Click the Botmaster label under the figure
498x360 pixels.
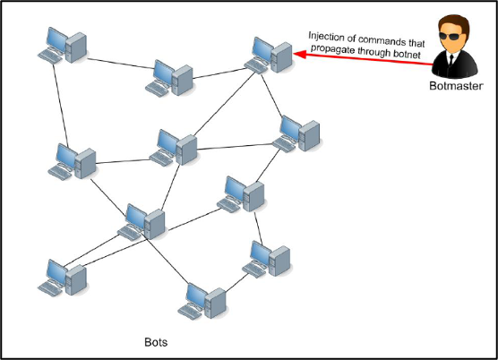456,86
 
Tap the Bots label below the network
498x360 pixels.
156,342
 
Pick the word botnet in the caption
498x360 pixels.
407,54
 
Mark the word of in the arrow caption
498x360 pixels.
351,39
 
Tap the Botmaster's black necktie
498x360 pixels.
451,60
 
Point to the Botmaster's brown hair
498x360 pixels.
454,23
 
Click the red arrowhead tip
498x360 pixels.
293,54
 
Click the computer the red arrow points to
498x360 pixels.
269,56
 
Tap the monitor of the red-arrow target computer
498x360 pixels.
262,49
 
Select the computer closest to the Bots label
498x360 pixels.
202,301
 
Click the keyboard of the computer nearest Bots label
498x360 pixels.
189,312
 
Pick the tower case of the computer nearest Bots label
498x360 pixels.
215,303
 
